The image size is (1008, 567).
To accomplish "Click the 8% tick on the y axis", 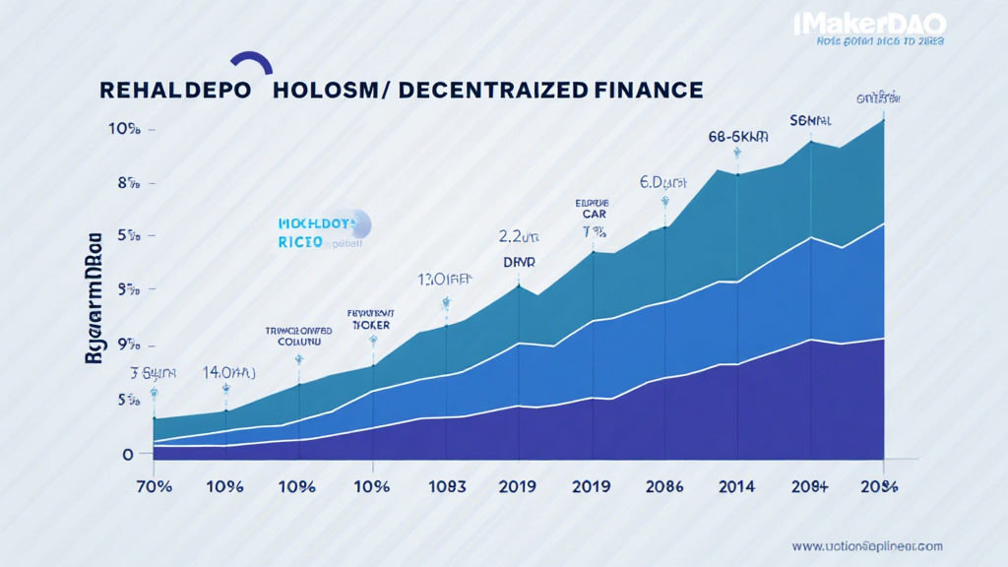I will [x=126, y=182].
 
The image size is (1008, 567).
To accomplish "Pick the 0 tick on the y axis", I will [x=128, y=454].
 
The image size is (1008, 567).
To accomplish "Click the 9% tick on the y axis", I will [x=126, y=345].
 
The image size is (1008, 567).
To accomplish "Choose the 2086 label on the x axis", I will [x=664, y=486].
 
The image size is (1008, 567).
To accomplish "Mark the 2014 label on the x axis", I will [x=736, y=486].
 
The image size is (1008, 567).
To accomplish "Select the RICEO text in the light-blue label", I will [x=300, y=241].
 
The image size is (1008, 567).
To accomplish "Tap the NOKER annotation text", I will [x=372, y=324].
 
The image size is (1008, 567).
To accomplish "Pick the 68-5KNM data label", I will [x=736, y=138].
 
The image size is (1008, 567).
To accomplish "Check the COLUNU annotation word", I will [x=298, y=343].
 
